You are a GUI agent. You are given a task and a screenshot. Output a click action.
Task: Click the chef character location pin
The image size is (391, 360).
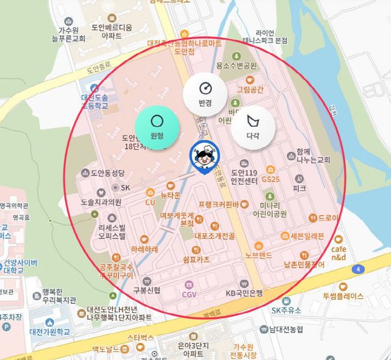click(x=201, y=157)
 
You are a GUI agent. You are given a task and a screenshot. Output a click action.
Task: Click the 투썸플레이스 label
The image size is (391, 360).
click(x=343, y=296)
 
